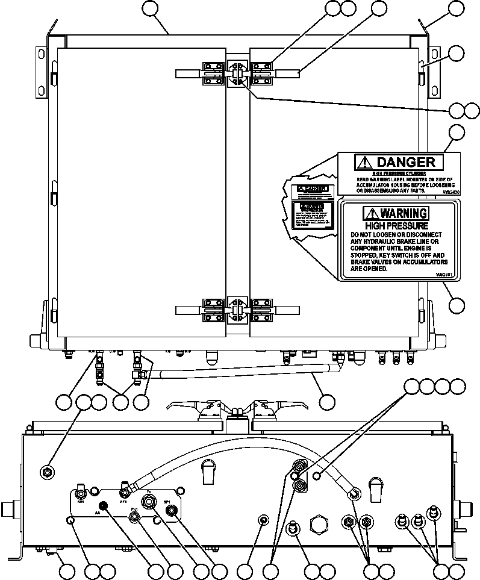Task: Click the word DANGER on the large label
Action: point(405,162)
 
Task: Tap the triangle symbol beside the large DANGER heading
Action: point(364,162)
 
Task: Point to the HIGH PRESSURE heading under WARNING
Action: point(396,225)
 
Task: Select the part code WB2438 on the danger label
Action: point(450,191)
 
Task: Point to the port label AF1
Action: point(123,500)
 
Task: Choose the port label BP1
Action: point(167,501)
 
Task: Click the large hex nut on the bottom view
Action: point(319,524)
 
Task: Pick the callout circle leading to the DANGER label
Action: point(457,133)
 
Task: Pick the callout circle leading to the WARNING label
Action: point(457,305)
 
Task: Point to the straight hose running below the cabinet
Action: point(241,372)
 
